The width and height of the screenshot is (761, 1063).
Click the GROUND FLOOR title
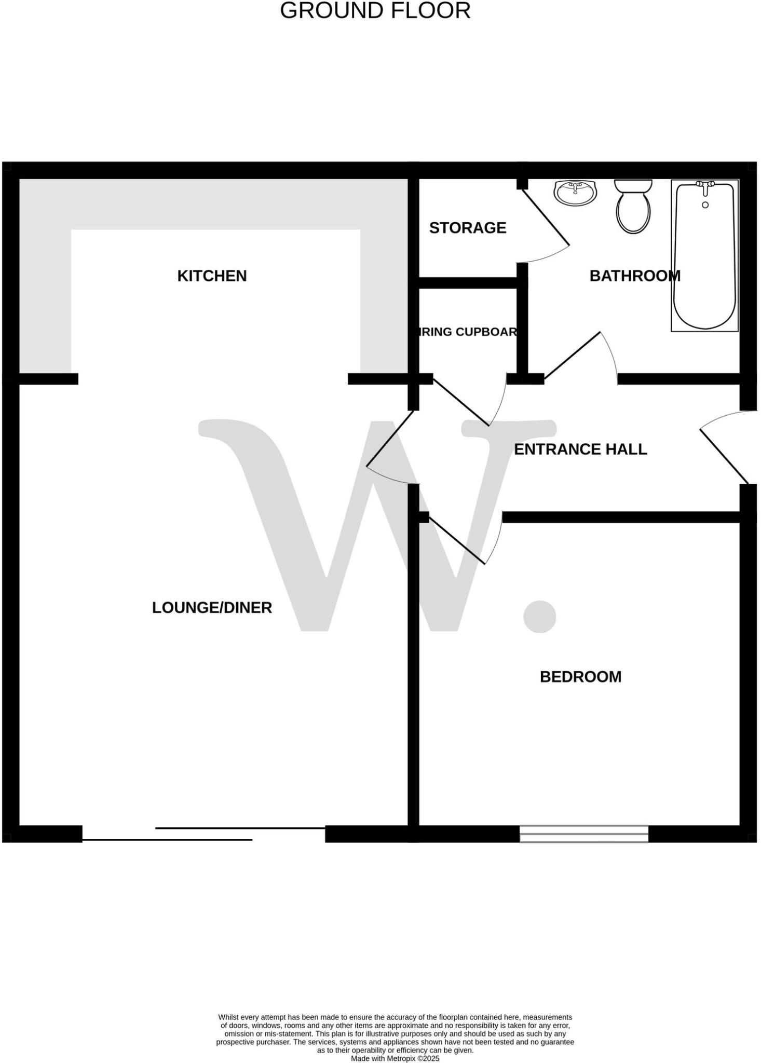tap(375, 11)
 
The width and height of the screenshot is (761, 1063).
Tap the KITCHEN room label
tap(212, 276)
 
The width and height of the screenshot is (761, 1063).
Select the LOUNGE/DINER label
tap(212, 607)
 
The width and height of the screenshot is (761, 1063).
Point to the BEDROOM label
tap(580, 677)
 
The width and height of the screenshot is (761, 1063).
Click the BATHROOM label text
tap(634, 276)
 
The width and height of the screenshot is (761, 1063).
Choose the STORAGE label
tap(467, 228)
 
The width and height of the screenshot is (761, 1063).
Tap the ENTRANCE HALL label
tap(580, 449)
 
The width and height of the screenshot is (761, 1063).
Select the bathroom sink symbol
tap(575, 192)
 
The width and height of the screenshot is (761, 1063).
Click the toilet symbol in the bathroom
tap(633, 208)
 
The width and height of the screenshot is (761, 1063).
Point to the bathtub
tap(704, 260)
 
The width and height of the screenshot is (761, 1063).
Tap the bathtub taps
tap(705, 185)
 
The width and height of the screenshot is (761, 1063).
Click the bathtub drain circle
tap(705, 205)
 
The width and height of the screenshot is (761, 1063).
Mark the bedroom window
tap(584, 834)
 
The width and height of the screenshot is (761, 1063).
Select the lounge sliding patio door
tap(203, 834)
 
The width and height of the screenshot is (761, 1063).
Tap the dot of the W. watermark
tap(539, 616)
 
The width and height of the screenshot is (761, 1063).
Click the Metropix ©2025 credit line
tap(395, 1058)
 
